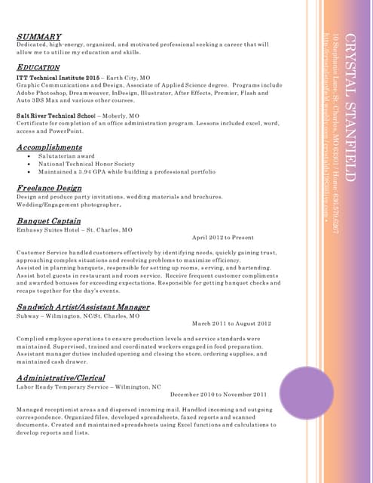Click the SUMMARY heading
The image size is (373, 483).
point(38,36)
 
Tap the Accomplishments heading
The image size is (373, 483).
point(60,147)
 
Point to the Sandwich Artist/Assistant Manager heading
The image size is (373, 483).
point(83,307)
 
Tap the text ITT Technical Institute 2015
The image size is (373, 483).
point(58,78)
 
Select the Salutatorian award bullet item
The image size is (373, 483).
point(67,156)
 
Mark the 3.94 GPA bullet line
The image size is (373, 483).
point(121,171)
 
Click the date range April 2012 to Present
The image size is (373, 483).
point(223,238)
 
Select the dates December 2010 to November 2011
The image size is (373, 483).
point(219,394)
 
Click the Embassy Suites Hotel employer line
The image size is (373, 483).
point(75,229)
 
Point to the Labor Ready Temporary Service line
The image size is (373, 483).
point(89,386)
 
